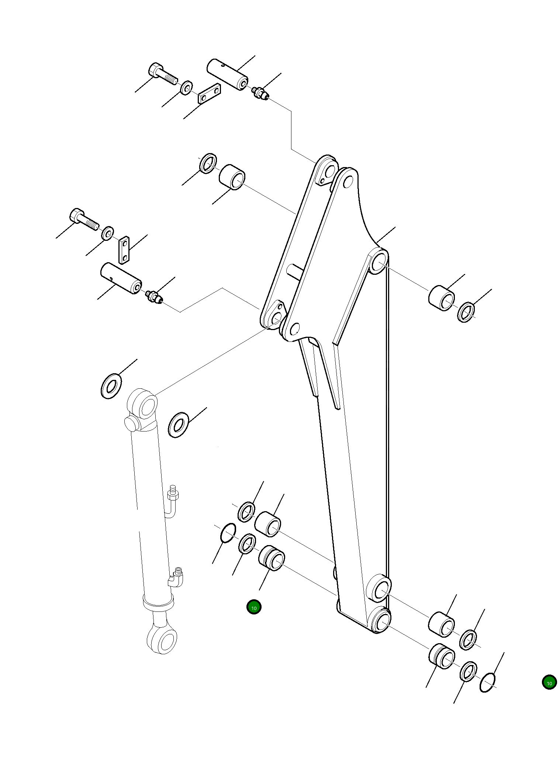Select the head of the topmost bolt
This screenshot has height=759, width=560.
[156, 70]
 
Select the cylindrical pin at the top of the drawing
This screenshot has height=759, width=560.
[227, 74]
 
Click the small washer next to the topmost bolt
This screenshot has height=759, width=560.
[186, 88]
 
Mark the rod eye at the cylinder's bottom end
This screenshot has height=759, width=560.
[163, 640]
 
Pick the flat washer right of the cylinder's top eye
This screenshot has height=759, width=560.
[179, 425]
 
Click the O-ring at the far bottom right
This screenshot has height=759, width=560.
[488, 682]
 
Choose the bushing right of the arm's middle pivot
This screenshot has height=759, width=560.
[441, 298]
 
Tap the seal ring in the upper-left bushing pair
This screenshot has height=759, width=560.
[208, 163]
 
